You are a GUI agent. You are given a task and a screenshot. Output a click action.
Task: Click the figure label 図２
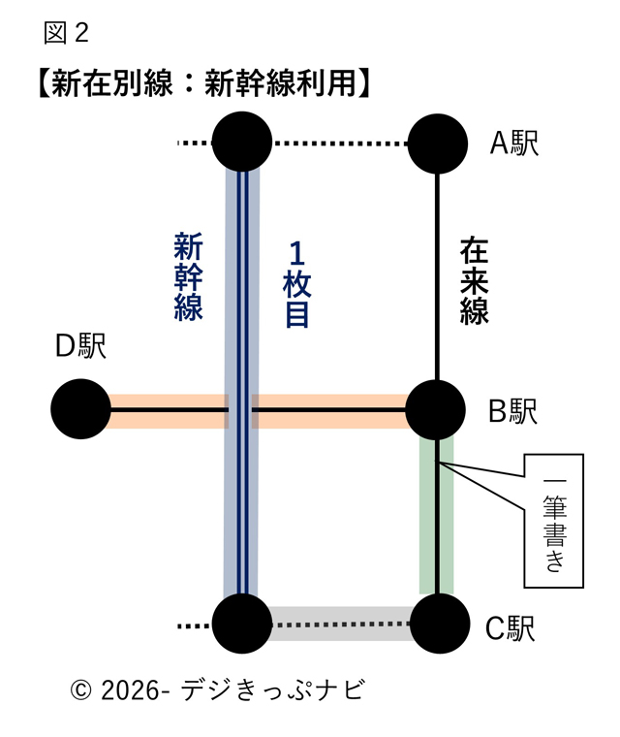click(x=67, y=33)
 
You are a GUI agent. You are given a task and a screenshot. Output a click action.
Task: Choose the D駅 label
click(x=79, y=345)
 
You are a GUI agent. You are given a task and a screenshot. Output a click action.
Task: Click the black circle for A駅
click(x=438, y=144)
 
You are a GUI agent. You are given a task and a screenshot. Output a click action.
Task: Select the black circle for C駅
click(x=438, y=624)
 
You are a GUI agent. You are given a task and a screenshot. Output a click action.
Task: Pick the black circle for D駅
click(x=80, y=410)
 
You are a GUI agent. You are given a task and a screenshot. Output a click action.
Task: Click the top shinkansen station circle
click(x=242, y=144)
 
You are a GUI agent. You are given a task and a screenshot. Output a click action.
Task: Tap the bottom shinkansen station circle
click(x=242, y=624)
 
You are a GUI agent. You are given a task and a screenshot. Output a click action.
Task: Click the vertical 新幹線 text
click(x=188, y=276)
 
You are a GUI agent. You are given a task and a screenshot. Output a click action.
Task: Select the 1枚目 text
click(x=295, y=285)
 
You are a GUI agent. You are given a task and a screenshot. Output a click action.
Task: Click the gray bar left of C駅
click(x=339, y=624)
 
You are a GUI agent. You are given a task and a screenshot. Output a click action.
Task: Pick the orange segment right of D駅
click(x=165, y=410)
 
